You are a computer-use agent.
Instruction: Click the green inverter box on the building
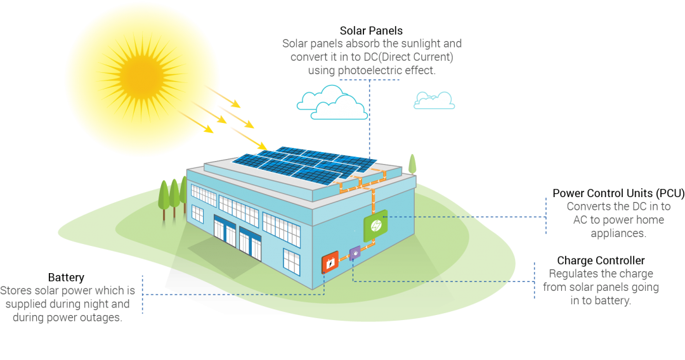coord(375,223)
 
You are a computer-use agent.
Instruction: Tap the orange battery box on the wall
coord(330,263)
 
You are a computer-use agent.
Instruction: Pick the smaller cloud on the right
coord(434,100)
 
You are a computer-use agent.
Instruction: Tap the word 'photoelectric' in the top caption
coord(377,70)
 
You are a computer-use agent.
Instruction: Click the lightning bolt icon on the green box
coord(375,224)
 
